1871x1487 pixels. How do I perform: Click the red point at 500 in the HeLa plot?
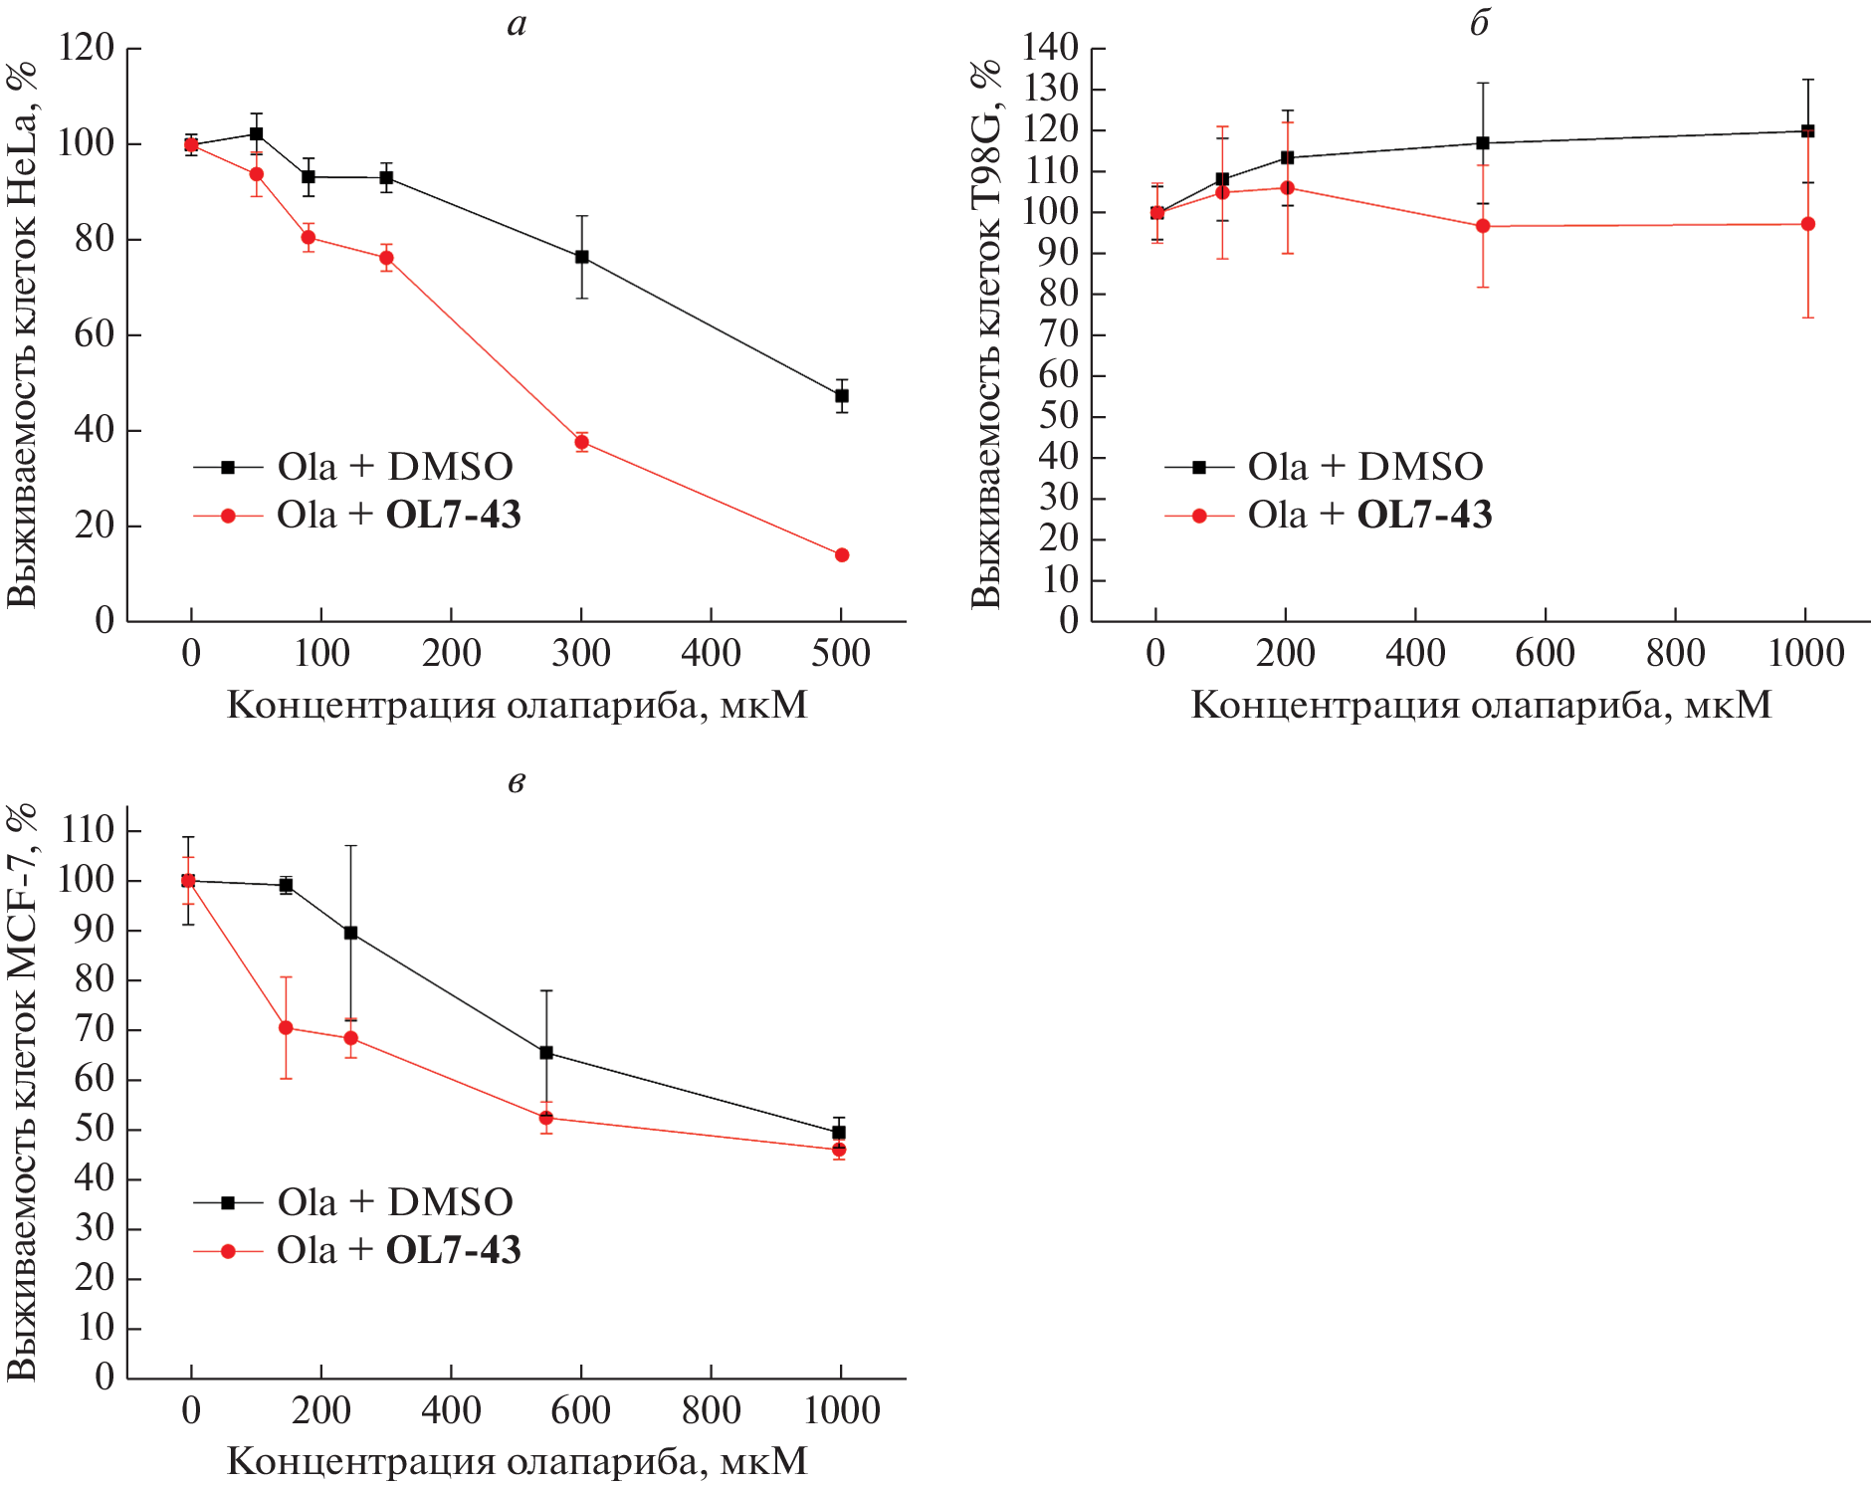842,555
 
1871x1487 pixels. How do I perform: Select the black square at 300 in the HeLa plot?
582,257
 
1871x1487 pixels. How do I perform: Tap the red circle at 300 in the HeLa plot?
582,442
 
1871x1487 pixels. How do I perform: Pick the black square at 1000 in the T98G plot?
1808,130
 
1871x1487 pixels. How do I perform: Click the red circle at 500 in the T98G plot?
1483,226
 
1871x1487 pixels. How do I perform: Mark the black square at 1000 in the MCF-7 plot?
839,1133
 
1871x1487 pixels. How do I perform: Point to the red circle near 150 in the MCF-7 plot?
287,1028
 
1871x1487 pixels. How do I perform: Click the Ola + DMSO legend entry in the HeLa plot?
353,467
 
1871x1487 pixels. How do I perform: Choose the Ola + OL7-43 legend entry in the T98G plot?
1329,516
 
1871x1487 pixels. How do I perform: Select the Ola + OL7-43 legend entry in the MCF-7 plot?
356,1251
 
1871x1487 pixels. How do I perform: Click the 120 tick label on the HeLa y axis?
87,48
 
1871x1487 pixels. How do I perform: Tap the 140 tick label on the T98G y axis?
1050,48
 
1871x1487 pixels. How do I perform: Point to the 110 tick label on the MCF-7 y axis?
87,830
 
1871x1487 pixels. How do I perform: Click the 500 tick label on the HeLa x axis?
841,654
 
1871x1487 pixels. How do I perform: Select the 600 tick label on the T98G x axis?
1545,654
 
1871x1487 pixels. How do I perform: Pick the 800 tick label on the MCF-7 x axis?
711,1411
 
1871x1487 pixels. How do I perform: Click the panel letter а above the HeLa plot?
517,24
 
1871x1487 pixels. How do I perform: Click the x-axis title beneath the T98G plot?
1481,706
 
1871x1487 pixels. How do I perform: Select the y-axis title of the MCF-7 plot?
22,1092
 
